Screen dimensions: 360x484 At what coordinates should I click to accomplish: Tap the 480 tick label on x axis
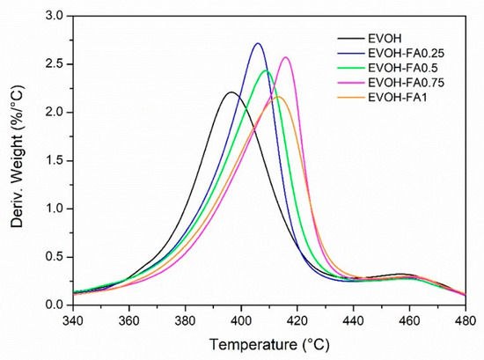pyautogui.click(x=465, y=319)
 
